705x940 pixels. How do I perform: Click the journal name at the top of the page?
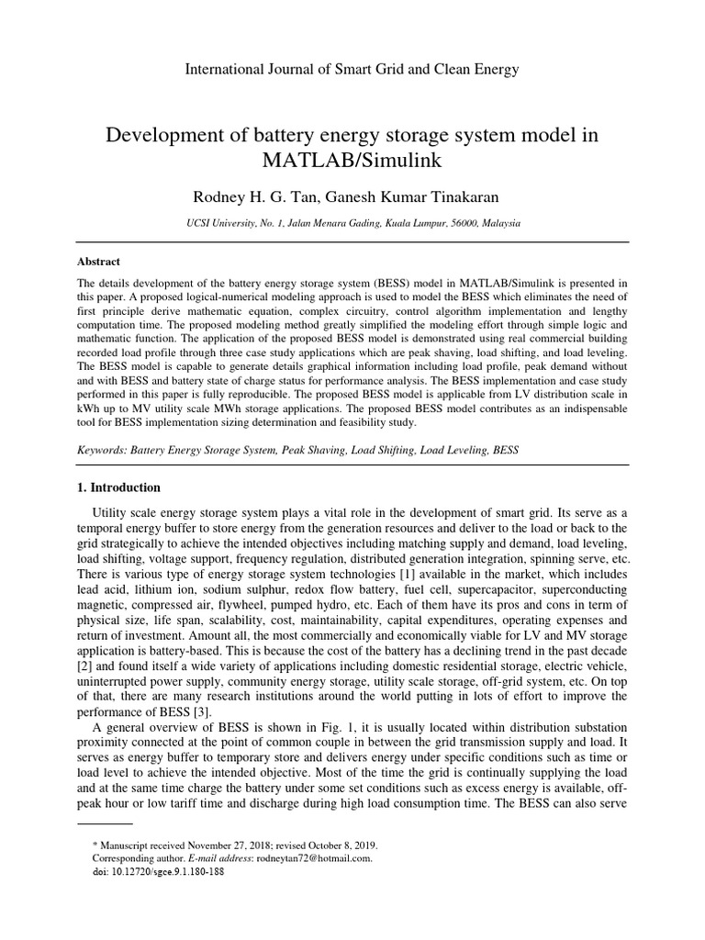[x=352, y=69]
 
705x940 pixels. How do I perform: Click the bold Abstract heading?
[x=98, y=262]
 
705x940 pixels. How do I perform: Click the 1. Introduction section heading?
[x=119, y=487]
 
